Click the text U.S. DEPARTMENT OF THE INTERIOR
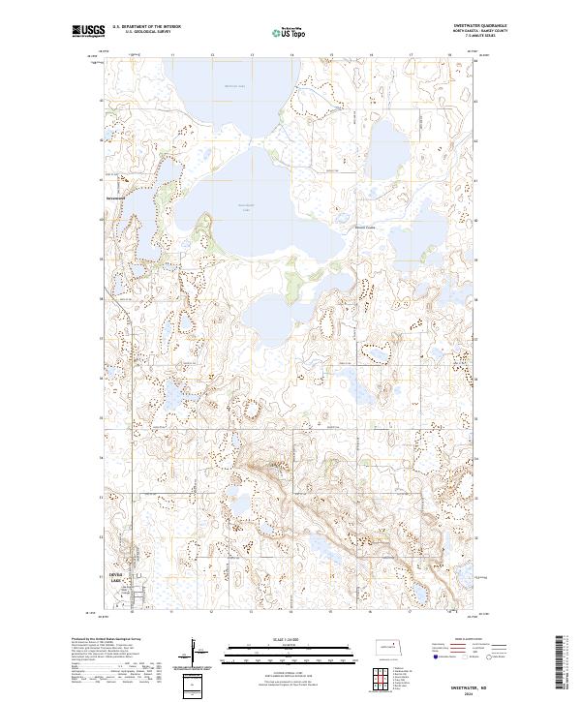pos(146,27)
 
